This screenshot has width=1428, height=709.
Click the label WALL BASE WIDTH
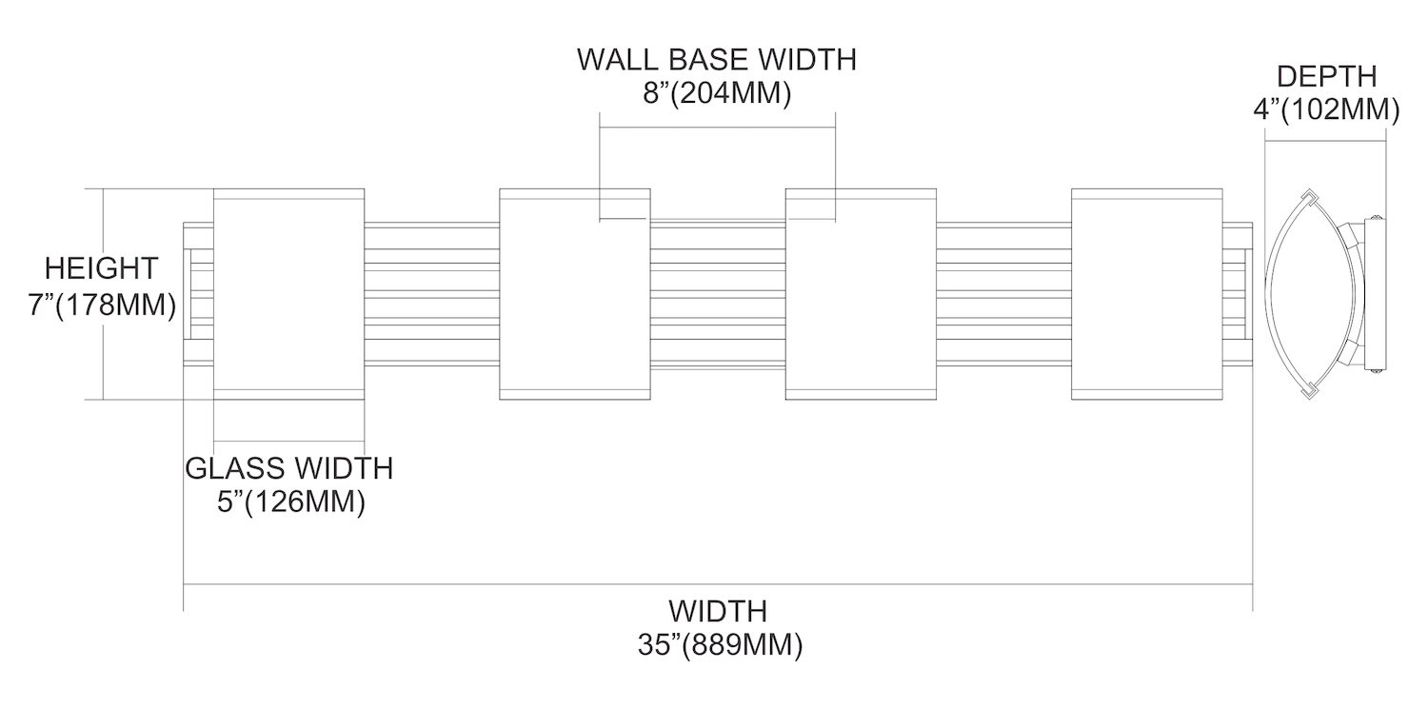[717, 60]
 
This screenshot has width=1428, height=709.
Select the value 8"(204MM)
[717, 95]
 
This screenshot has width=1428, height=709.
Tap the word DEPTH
[1325, 76]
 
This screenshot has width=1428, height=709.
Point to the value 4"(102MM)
[1325, 109]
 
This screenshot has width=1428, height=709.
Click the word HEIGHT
[102, 267]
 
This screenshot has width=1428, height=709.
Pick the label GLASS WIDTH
[288, 468]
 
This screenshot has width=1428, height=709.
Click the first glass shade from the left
[289, 294]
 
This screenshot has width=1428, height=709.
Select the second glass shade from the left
[575, 294]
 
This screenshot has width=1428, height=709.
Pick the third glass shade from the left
[861, 294]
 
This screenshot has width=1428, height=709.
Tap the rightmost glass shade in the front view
[1146, 294]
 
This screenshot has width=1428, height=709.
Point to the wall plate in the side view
[1375, 294]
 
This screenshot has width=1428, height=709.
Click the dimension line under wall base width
[717, 127]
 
